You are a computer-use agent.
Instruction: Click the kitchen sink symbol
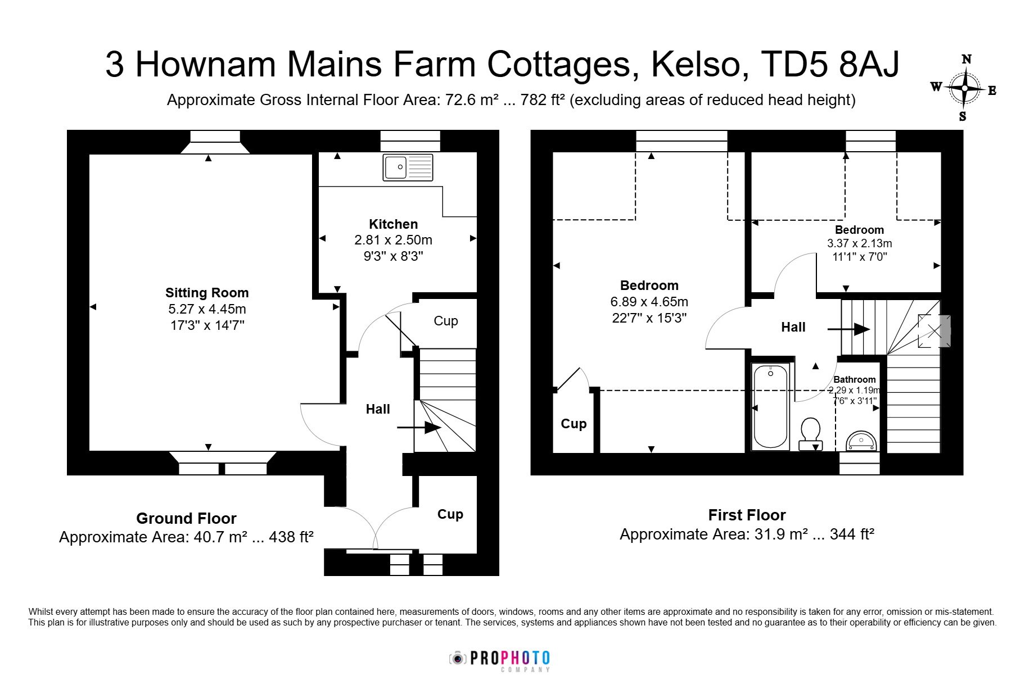[x=408, y=167]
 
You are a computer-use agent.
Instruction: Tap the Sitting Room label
[x=207, y=293]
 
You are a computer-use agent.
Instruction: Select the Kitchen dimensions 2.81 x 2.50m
[x=393, y=240]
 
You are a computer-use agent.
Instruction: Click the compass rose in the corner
[x=965, y=88]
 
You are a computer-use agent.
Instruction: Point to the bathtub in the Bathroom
[x=770, y=407]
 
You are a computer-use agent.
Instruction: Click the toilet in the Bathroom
[x=810, y=434]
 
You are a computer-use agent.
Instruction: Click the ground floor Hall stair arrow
[x=419, y=428]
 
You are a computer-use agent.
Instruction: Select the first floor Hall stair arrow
[x=849, y=329]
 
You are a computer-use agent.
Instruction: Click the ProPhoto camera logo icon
[x=458, y=658]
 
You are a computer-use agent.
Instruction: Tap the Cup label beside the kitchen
[x=446, y=321]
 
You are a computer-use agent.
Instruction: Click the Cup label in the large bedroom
[x=574, y=424]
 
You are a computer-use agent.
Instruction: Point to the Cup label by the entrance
[x=450, y=514]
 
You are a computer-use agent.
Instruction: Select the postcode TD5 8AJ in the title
[x=830, y=64]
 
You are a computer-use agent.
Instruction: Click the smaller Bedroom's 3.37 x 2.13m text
[x=859, y=243]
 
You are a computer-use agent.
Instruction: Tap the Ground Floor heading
[x=186, y=518]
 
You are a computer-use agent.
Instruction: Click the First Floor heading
[x=747, y=515]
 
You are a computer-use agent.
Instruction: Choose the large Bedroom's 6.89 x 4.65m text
[x=649, y=302]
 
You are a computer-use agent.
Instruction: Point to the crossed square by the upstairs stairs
[x=934, y=331]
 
